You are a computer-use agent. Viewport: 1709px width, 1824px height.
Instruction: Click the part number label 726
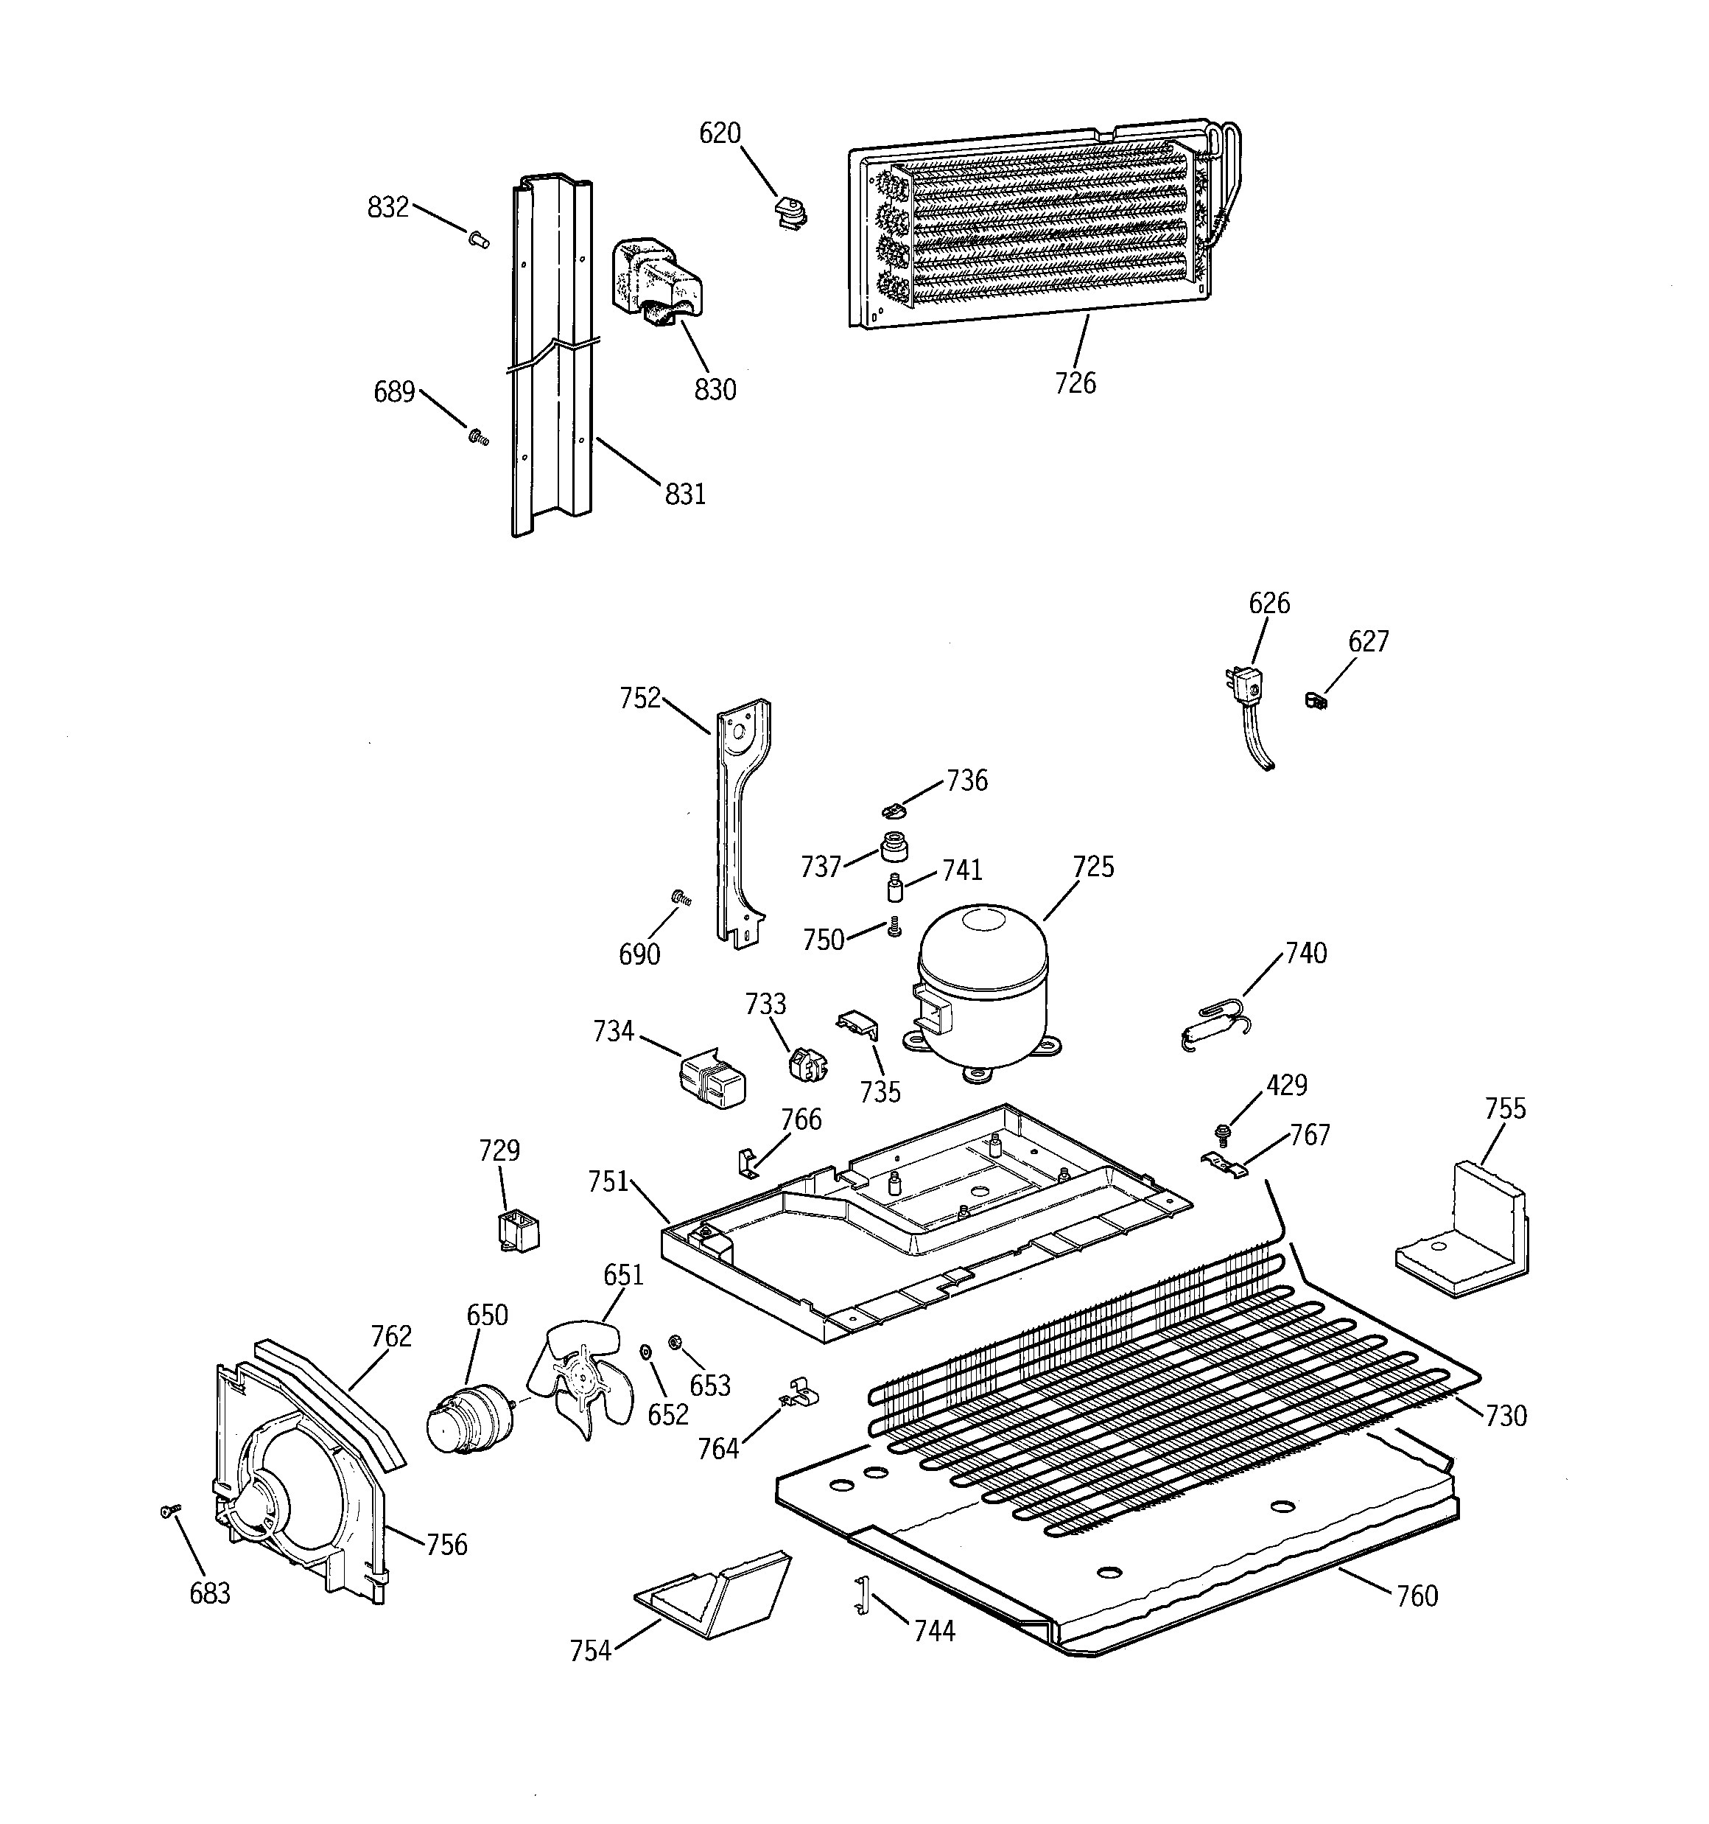point(1075,382)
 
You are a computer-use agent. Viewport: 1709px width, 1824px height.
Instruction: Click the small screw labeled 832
point(478,240)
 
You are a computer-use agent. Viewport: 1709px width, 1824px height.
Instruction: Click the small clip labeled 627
point(1315,700)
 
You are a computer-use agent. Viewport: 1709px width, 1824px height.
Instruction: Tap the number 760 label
point(1417,1596)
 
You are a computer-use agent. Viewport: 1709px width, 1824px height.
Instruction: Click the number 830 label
point(715,390)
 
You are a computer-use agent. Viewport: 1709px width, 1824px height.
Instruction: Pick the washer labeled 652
point(645,1352)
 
